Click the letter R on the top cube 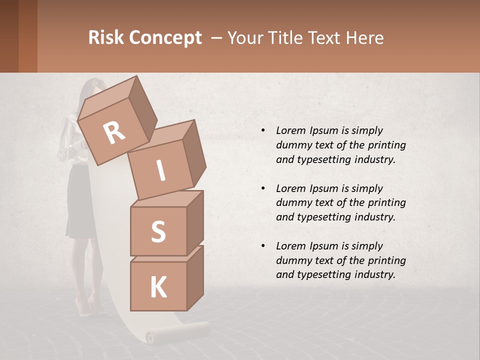114,133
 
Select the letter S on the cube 158,231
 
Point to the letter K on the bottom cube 158,287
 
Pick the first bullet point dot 263,130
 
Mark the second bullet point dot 263,188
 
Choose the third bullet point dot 263,246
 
